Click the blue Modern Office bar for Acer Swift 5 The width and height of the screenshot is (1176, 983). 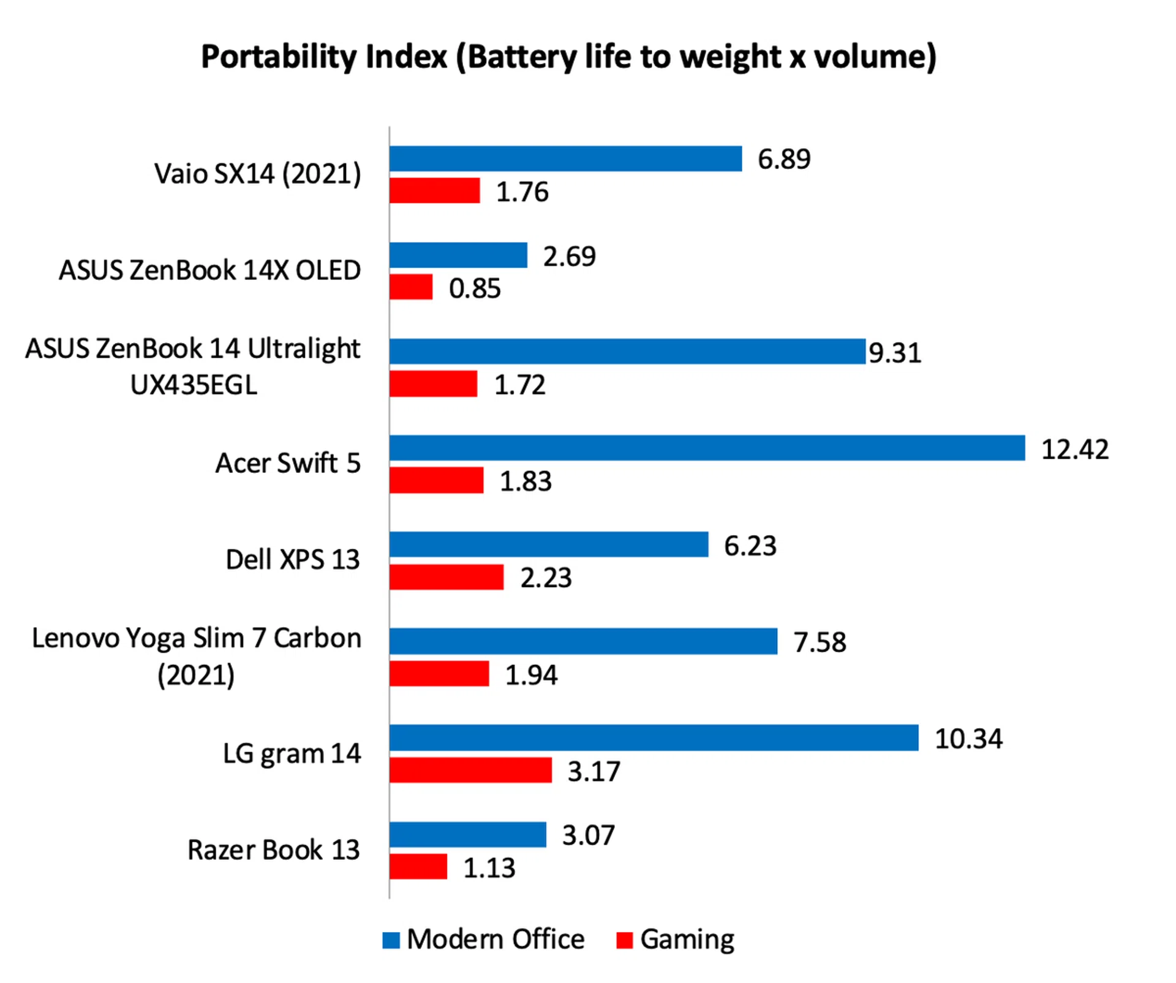pyautogui.click(x=707, y=448)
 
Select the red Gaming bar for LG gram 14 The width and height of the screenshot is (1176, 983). pyautogui.click(x=470, y=770)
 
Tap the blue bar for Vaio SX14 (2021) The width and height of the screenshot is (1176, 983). pyautogui.click(x=565, y=159)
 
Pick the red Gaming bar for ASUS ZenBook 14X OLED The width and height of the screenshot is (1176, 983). pyautogui.click(x=411, y=287)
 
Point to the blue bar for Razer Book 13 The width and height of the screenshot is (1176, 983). pyautogui.click(x=467, y=834)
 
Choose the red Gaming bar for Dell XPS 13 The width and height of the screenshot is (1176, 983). pyautogui.click(x=447, y=577)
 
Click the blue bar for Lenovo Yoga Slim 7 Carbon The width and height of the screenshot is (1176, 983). pyautogui.click(x=583, y=641)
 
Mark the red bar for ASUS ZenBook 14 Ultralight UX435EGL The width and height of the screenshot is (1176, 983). pyautogui.click(x=433, y=384)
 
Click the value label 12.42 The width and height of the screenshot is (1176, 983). pyautogui.click(x=1075, y=450)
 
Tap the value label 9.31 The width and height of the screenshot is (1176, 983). pyautogui.click(x=895, y=353)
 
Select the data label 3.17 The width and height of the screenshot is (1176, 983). pyautogui.click(x=594, y=771)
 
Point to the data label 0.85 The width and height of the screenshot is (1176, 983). pyautogui.click(x=475, y=288)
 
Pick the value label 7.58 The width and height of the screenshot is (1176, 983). pyautogui.click(x=820, y=642)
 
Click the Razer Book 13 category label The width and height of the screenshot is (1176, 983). pyautogui.click(x=273, y=849)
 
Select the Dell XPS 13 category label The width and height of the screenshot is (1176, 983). pyautogui.click(x=292, y=559)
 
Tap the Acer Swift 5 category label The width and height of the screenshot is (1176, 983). pyautogui.click(x=288, y=463)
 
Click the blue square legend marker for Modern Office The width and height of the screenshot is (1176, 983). pyautogui.click(x=391, y=940)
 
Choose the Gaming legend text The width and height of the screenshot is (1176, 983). pyautogui.click(x=687, y=940)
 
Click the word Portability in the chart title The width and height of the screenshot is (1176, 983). pyautogui.click(x=281, y=57)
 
